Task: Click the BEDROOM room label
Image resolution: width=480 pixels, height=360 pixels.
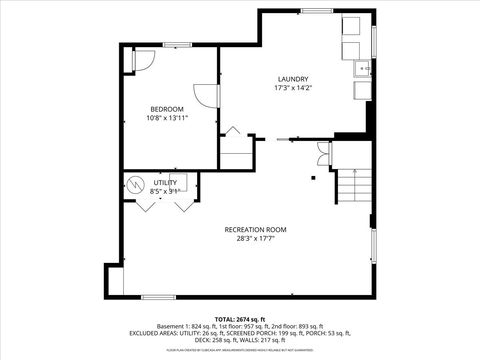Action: tap(167, 109)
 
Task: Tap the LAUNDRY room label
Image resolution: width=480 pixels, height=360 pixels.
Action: tap(293, 79)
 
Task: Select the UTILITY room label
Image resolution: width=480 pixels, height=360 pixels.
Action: tap(165, 183)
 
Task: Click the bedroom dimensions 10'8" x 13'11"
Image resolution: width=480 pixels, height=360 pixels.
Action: tap(167, 118)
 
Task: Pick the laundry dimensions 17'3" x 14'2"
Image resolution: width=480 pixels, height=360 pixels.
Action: tap(293, 88)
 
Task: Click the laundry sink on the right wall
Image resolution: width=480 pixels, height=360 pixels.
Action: tap(362, 69)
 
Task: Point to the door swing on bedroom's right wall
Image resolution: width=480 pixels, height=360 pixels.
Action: tap(207, 96)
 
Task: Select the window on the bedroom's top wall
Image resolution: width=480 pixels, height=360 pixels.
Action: tap(178, 45)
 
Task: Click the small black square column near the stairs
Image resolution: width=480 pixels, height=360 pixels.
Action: tap(313, 178)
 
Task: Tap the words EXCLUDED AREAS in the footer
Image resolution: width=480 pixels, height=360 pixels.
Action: tap(151, 332)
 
